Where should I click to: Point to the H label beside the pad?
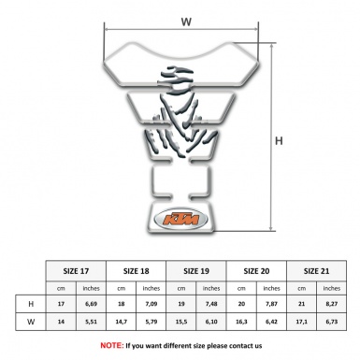click(x=279, y=141)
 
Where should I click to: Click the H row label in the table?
click(x=33, y=304)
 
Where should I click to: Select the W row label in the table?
click(x=33, y=322)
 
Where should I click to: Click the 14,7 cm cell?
click(x=122, y=322)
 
